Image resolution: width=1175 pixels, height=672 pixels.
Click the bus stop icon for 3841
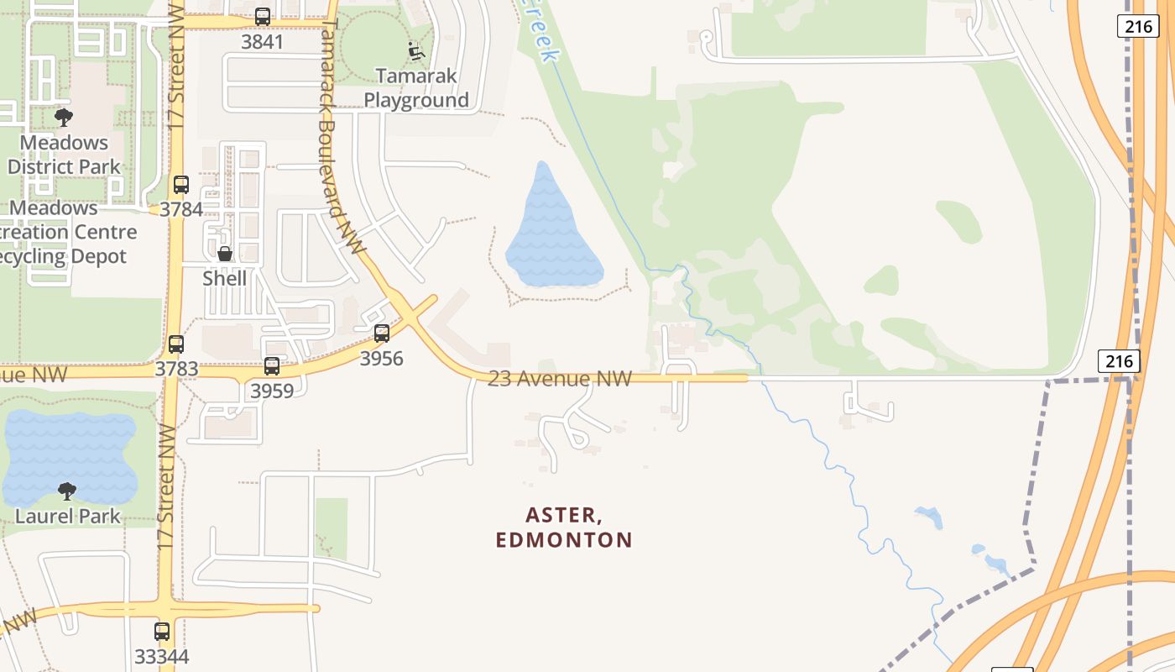263,17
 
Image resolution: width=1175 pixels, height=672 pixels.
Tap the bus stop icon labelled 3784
181,185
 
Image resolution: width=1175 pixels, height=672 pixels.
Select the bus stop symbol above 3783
176,344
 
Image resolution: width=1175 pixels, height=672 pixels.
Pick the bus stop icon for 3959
272,366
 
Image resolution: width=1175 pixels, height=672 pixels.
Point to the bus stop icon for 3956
382,333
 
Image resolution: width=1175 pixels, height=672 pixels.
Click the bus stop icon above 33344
162,632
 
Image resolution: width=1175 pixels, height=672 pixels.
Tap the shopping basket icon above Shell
225,254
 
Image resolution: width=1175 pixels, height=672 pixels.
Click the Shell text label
225,278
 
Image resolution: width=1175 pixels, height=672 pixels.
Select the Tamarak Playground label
416,88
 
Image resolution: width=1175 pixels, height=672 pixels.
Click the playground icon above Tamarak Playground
416,51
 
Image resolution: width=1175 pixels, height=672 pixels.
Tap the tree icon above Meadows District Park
64,118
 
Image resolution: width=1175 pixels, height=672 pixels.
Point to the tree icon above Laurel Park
67,491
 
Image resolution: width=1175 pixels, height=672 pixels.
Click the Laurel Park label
68,516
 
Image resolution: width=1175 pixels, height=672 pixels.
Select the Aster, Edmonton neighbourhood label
564,527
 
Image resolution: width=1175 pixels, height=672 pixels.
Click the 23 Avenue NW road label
560,379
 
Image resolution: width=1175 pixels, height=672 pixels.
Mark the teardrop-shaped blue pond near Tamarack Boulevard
550,231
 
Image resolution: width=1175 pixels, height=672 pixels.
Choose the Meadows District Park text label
65,155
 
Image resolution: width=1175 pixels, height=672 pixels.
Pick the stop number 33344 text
162,656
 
